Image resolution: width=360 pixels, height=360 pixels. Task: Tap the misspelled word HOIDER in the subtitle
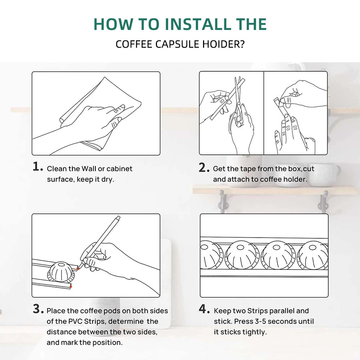click(223, 44)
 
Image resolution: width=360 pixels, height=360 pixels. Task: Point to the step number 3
click(38, 309)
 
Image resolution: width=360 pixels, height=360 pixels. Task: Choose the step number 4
click(204, 309)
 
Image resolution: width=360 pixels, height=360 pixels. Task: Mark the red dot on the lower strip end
click(71, 287)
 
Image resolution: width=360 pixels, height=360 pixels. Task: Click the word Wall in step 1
click(89, 169)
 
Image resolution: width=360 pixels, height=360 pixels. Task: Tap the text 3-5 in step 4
click(260, 321)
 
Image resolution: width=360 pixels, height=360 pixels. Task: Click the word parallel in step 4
click(282, 311)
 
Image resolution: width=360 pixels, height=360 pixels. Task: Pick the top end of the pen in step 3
click(118, 217)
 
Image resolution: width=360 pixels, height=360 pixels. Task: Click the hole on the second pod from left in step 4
click(240, 248)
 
